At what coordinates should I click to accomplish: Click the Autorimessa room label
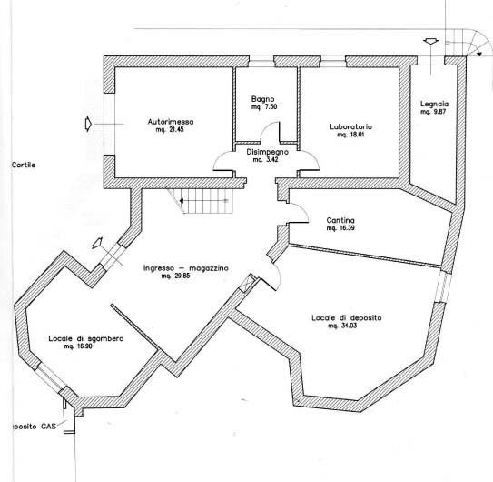171,122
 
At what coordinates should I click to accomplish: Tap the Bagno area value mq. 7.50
264,106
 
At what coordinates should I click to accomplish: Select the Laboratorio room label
350,126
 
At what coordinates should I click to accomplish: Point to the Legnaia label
434,104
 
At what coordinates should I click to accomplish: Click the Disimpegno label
267,152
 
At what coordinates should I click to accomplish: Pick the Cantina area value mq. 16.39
340,228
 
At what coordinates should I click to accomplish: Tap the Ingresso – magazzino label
185,268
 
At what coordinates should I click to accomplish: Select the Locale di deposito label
347,318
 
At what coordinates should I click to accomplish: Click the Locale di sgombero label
86,338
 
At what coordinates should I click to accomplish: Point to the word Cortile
24,165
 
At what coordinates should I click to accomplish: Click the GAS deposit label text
34,427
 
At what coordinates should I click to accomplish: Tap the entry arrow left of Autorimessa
88,124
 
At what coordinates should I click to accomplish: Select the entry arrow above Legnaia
430,42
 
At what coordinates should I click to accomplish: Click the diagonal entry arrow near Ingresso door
97,242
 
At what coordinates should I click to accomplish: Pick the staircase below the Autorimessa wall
201,201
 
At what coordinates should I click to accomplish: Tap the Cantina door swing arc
302,209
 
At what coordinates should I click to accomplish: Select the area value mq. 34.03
342,326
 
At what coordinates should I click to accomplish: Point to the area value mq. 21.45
170,129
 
